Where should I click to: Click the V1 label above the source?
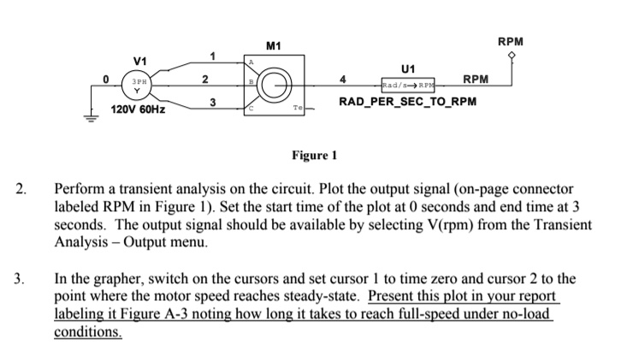pos(139,61)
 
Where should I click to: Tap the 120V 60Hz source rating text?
pos(140,111)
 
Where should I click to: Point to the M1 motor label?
pos(273,44)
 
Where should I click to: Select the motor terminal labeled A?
pos(252,62)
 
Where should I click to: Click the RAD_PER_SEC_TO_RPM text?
pos(407,103)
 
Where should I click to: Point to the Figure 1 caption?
pos(315,156)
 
